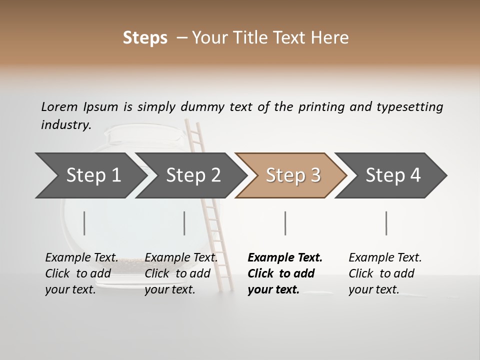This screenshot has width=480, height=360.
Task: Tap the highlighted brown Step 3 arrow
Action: (x=293, y=175)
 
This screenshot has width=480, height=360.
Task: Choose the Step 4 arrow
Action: (x=393, y=175)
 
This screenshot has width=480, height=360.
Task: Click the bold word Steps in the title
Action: (x=145, y=38)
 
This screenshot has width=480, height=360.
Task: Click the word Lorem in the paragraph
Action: (x=59, y=107)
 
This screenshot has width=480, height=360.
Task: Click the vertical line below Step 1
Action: (x=84, y=223)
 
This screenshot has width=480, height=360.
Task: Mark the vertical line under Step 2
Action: (x=184, y=223)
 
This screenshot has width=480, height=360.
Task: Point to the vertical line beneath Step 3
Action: (x=285, y=223)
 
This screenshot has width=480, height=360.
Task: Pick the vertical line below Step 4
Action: (x=386, y=223)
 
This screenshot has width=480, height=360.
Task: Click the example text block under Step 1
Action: (x=81, y=273)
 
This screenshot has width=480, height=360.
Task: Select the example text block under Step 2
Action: (x=181, y=273)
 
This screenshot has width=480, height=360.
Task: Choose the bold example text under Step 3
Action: (x=285, y=273)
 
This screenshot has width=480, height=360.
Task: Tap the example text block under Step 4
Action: (x=385, y=273)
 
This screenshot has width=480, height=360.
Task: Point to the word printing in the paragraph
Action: (x=321, y=107)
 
